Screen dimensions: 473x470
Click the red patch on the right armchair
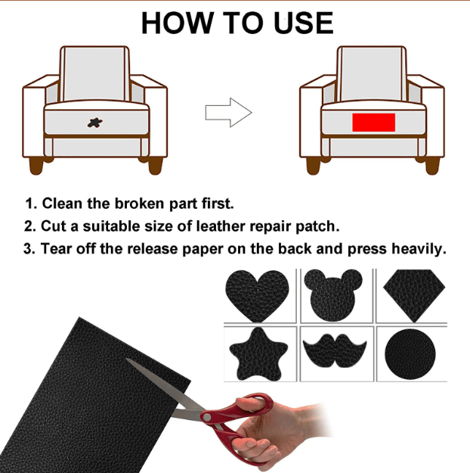coord(373,121)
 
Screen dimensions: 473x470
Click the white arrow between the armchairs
coord(228,112)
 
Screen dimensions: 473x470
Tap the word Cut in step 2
coord(54,226)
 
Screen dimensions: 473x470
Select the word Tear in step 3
coord(57,248)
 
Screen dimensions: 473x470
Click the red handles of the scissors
coord(254,412)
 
